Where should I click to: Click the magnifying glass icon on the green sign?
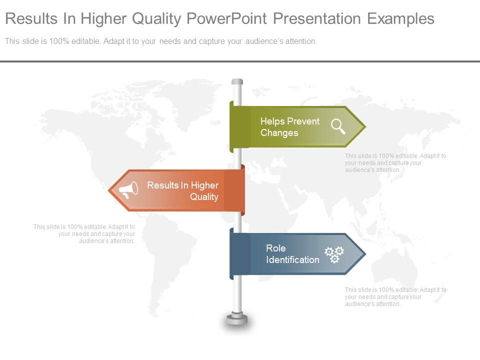point(338,126)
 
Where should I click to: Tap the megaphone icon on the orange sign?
point(128,189)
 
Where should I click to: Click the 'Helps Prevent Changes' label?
point(289,127)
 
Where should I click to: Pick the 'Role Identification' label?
point(292,254)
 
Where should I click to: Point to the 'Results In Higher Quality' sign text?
point(183,191)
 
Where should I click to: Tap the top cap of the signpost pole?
point(237,81)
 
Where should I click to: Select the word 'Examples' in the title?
point(400,19)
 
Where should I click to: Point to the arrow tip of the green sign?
point(363,126)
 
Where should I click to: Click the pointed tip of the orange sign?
point(111,190)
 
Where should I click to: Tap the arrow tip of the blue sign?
point(363,254)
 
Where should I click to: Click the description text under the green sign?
point(395,163)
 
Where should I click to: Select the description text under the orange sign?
point(84,233)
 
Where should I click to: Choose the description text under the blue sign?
point(395,296)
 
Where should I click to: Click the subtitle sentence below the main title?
point(160,41)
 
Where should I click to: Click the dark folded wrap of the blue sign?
point(240,254)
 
